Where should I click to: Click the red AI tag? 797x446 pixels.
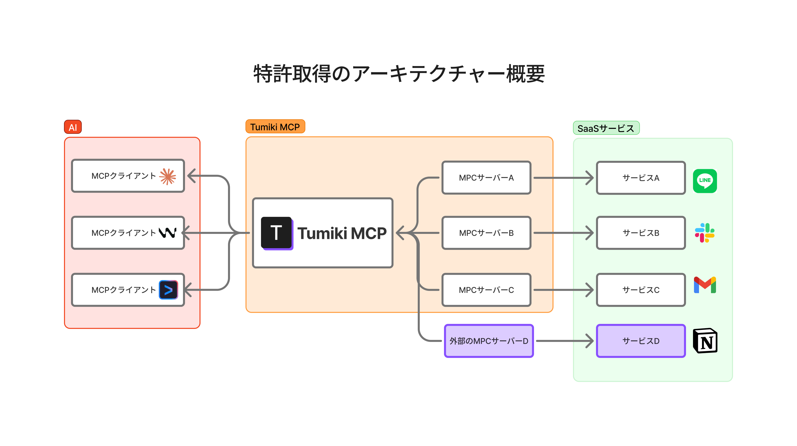coord(73,127)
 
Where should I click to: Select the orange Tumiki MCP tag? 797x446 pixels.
coord(275,127)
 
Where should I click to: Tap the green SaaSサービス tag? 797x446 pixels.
coord(606,128)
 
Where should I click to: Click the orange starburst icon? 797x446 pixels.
coord(168,176)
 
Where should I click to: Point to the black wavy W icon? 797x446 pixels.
coord(168,233)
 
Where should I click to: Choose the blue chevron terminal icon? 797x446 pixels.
coord(168,290)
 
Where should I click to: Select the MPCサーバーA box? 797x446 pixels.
coord(486,178)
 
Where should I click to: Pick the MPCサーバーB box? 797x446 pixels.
coord(486,233)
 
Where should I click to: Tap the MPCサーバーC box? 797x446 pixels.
coord(486,290)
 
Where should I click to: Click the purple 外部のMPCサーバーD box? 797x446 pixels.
coord(489,341)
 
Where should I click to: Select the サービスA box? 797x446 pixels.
coord(641,178)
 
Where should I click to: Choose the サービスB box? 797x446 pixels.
coord(641,233)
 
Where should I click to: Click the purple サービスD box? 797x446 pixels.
coord(641,341)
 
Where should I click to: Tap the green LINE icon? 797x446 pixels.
coord(705,181)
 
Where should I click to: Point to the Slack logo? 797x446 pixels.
coord(704,233)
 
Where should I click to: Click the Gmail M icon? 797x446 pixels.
coord(705,285)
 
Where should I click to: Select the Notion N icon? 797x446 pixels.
coord(705,341)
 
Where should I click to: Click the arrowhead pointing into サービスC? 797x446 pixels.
coord(590,290)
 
